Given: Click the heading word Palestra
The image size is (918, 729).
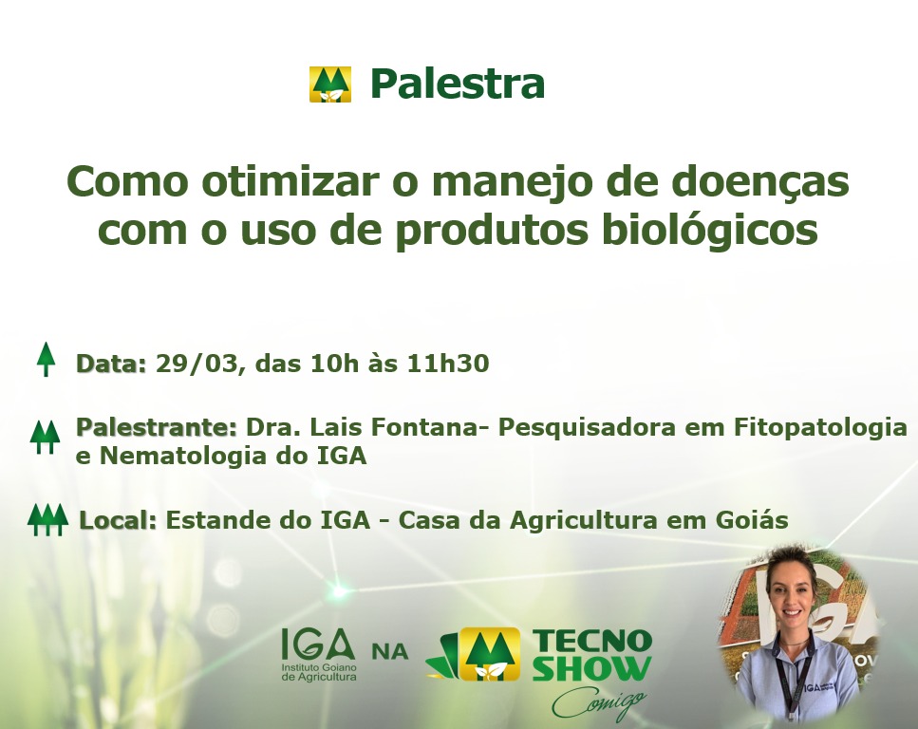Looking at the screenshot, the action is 458,84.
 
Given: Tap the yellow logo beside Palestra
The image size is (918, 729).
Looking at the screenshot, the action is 330,84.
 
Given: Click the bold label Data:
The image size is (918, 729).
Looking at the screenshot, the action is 111,364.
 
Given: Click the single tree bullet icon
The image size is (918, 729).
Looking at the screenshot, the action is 47,360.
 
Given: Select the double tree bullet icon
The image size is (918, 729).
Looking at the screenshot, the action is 45,437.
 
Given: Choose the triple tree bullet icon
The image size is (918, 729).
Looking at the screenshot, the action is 48,519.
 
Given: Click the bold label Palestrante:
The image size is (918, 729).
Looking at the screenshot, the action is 157,427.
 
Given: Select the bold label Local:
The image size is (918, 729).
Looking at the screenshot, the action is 118,520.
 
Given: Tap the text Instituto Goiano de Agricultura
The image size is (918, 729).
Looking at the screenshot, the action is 319,672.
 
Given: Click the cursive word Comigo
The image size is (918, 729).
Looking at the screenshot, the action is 599,702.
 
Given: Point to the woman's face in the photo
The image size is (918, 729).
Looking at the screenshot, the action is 791,597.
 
